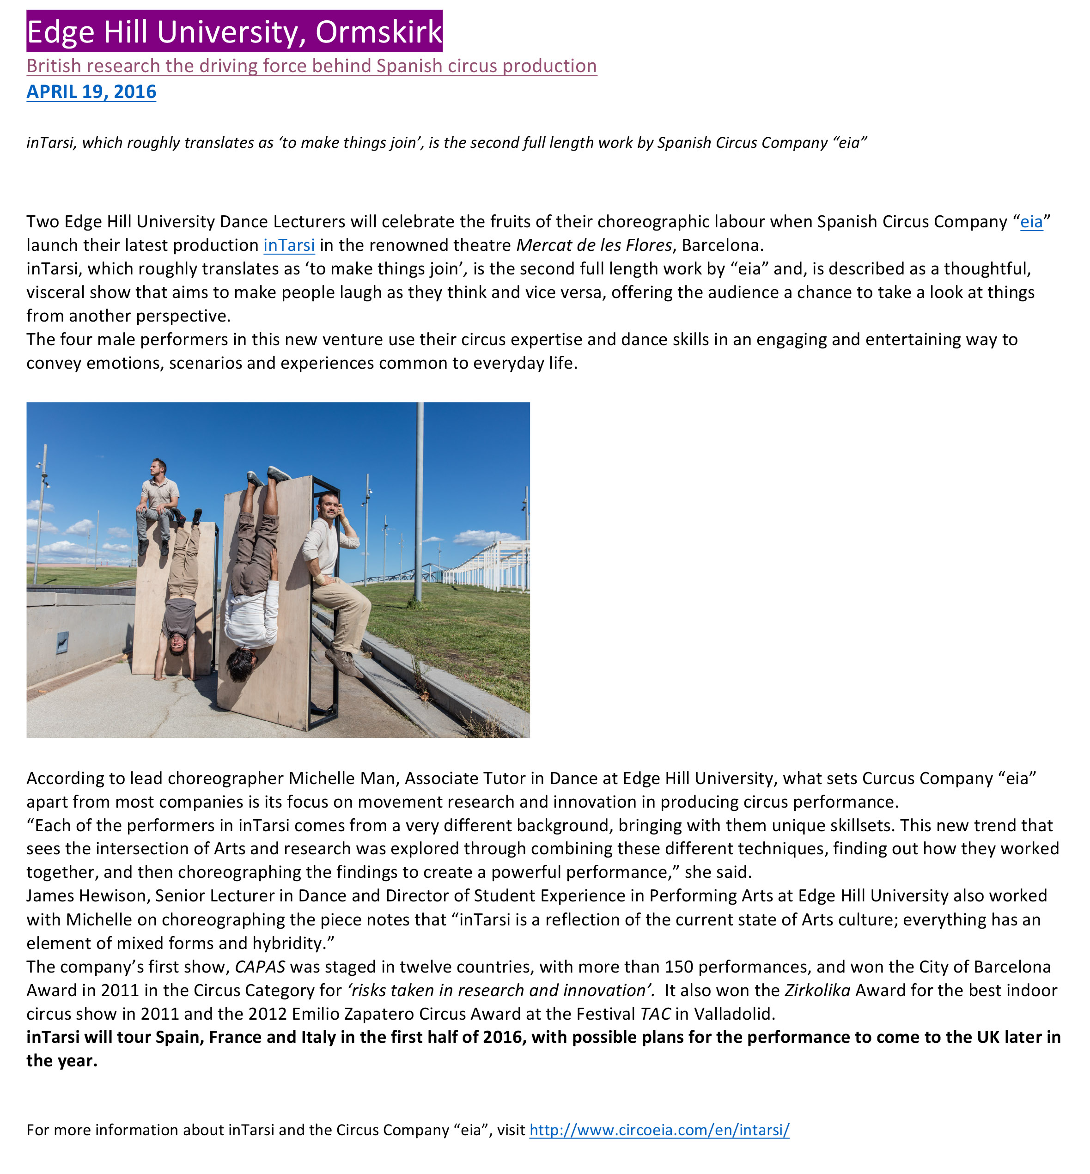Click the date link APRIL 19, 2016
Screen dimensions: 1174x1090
tap(91, 92)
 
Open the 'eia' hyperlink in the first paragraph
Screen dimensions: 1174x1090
tap(1031, 222)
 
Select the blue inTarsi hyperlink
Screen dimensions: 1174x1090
tap(289, 245)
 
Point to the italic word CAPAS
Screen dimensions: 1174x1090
tap(260, 967)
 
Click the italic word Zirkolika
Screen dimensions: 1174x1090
tap(817, 991)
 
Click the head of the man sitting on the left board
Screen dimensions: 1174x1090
tap(158, 468)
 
